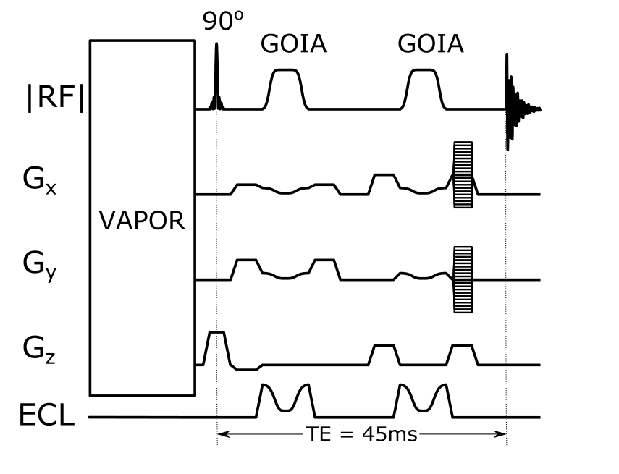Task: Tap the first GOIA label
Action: [x=293, y=46]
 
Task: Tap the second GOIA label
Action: [x=431, y=46]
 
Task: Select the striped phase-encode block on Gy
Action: [x=462, y=279]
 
